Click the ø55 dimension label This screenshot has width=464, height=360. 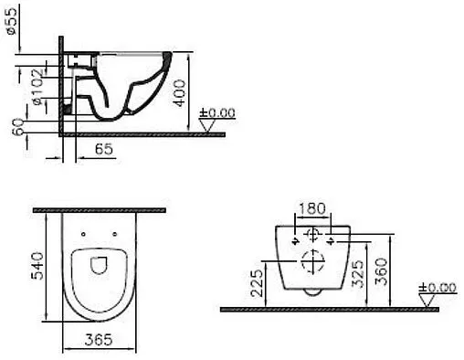coord(10,20)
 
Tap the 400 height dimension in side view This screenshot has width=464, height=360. coord(181,91)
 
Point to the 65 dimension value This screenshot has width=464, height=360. coord(103,149)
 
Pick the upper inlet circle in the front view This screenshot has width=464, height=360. coord(312,235)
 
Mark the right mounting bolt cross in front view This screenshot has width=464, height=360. coord(331,241)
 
